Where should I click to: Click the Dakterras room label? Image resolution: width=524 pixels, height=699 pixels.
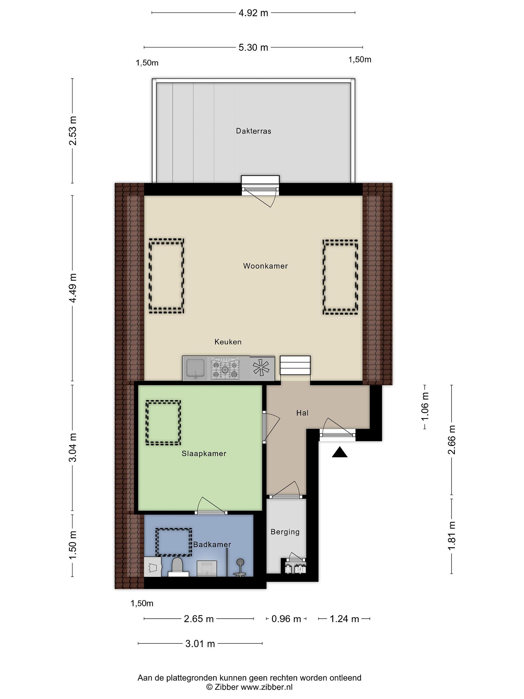pyautogui.click(x=253, y=131)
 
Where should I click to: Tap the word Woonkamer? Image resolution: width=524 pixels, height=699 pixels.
pyautogui.click(x=265, y=266)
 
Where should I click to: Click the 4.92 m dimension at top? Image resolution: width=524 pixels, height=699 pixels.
pyautogui.click(x=253, y=13)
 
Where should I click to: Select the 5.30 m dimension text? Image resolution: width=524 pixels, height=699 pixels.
pyautogui.click(x=253, y=47)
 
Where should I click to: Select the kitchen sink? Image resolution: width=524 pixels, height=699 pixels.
pyautogui.click(x=196, y=368)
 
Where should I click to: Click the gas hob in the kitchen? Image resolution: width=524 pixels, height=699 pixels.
pyautogui.click(x=225, y=368)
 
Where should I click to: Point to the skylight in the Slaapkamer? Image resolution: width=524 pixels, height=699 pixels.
pyautogui.click(x=163, y=423)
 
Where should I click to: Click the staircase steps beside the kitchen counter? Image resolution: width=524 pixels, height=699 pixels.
pyautogui.click(x=295, y=365)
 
